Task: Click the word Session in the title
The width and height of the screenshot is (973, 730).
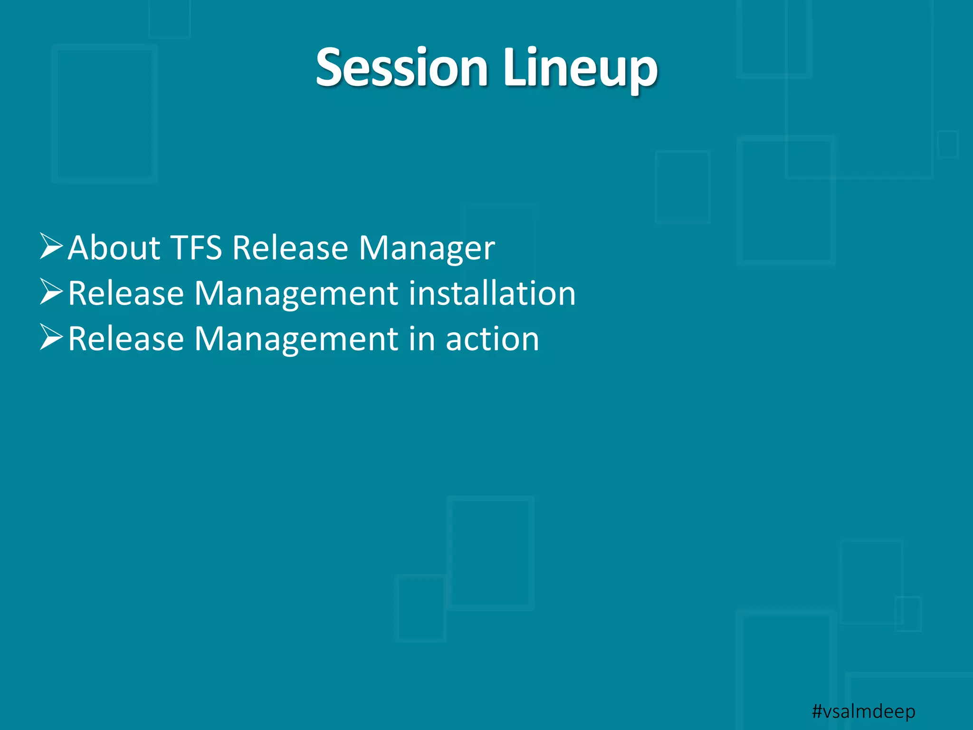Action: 402,68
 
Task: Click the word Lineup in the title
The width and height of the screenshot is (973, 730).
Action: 580,68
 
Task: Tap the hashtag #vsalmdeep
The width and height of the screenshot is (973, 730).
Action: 863,711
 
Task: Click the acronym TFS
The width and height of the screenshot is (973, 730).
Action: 196,248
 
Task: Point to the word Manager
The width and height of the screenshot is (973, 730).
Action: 426,248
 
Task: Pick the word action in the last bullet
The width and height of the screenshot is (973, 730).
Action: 492,339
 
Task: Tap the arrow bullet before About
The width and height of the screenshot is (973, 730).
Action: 51,246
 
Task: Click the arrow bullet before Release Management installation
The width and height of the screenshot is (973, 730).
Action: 51,292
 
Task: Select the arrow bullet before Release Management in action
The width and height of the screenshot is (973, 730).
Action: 51,337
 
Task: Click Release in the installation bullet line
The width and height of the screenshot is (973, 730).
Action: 126,293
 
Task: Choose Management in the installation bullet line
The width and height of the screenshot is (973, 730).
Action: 296,293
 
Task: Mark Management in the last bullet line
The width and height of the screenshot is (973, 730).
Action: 296,339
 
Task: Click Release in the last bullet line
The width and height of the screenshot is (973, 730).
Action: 126,339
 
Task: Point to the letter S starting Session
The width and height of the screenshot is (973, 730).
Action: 331,68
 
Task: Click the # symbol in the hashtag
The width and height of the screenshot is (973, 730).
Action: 817,711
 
